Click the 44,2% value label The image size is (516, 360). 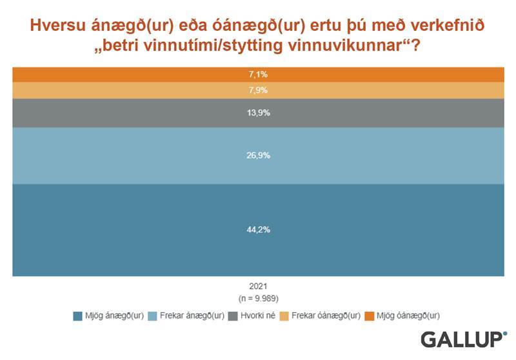(258, 230)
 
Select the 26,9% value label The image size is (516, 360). (258, 155)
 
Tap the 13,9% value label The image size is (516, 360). (258, 113)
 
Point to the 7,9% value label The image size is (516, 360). (258, 90)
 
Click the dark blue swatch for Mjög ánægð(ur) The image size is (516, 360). (78, 315)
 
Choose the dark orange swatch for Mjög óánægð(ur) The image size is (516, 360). (370, 315)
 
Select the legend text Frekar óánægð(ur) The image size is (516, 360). (325, 315)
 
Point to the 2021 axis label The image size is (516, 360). (258, 286)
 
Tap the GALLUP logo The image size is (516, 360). (463, 339)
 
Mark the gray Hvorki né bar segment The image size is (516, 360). (129, 113)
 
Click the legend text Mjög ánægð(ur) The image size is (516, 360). (114, 315)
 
